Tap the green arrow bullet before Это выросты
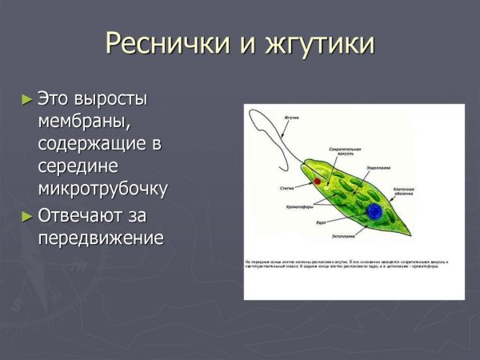click(28, 99)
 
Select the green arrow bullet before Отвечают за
click(28, 215)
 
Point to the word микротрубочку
click(102, 190)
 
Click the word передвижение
click(100, 238)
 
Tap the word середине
click(78, 166)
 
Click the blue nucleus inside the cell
click(374, 211)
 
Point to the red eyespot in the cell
click(317, 182)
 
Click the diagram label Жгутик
click(292, 118)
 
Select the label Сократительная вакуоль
click(345, 151)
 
